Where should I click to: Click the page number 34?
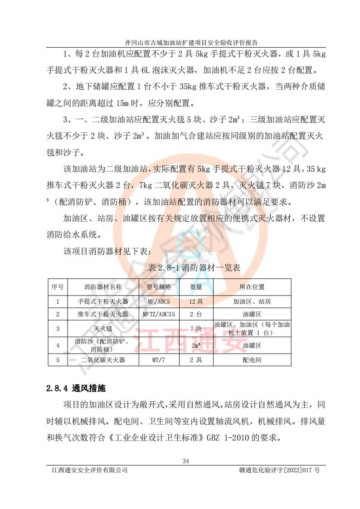point(185,461)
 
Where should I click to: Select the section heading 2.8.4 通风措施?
point(77,388)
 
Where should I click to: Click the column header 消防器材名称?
point(103,287)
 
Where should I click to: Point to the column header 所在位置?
point(252,287)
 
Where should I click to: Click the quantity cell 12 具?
point(196,301)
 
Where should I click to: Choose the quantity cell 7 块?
point(196,329)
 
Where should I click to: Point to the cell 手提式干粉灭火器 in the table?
point(103,301)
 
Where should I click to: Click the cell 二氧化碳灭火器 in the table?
point(103,360)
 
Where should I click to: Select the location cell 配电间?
point(252,360)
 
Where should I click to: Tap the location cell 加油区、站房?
point(252,301)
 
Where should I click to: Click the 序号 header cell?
point(58,287)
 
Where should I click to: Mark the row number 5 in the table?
point(58,360)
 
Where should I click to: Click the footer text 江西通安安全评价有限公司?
point(90,470)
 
